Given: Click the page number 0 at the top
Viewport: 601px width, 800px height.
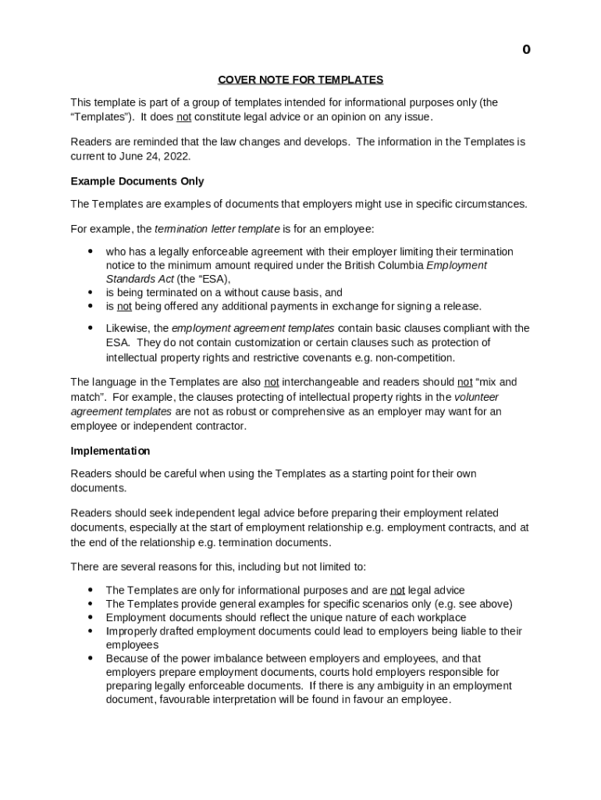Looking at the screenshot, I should [526, 50].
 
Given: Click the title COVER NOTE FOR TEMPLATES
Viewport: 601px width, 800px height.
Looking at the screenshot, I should [300, 80].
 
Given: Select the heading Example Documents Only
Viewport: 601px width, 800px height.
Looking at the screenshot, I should [137, 181].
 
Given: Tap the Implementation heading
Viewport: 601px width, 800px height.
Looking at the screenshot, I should [110, 451].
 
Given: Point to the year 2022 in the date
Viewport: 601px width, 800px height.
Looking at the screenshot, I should [177, 155].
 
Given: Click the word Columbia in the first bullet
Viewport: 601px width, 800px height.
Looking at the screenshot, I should [397, 265].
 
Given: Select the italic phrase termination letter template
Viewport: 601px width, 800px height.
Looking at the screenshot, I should [217, 229].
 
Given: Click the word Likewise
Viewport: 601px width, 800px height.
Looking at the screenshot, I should [127, 328].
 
